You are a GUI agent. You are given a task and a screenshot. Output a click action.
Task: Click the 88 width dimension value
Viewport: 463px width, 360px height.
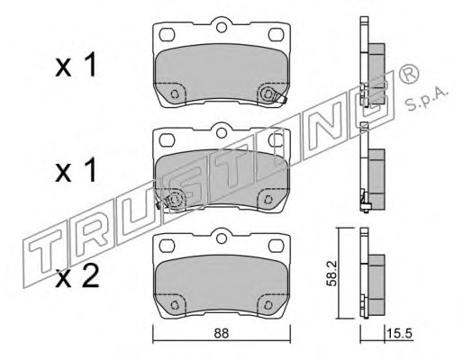point(222,333)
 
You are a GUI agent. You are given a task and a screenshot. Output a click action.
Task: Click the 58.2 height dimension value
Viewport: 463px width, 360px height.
point(332,274)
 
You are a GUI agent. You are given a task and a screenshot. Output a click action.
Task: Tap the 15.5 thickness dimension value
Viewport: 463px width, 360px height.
point(399,334)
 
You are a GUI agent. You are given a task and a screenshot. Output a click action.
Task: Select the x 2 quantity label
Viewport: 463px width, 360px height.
point(77,276)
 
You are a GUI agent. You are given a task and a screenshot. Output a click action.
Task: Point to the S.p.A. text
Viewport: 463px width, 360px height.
point(427,100)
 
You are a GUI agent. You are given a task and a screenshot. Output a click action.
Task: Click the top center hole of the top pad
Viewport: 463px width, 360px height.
point(222,28)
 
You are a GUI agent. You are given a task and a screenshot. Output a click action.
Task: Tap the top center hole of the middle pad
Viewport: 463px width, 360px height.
point(222,132)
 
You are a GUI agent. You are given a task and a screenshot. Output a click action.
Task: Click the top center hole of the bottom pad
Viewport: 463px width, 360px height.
point(222,238)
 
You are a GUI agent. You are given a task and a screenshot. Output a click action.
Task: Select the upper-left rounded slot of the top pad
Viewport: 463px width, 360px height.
point(167,35)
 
